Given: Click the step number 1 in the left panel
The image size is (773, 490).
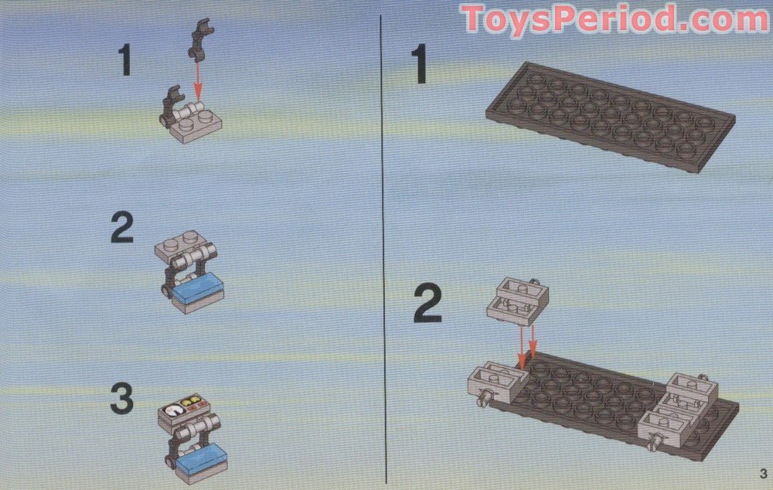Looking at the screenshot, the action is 125,60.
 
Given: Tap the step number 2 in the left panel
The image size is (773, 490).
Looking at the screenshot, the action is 122,227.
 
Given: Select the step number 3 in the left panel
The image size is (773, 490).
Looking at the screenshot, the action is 122,399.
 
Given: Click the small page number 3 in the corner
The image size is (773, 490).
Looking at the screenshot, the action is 763,474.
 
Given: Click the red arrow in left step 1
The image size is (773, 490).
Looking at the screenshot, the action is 198,81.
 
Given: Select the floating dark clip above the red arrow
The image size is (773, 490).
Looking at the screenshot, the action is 201,39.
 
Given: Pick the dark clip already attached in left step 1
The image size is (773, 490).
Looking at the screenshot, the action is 170,106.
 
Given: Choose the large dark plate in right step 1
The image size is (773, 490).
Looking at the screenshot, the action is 611,117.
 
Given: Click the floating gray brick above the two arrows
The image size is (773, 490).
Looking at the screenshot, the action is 517,301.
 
